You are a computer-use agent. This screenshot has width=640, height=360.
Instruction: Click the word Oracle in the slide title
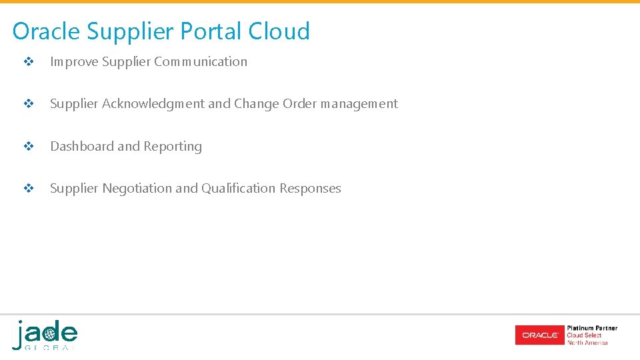point(46,31)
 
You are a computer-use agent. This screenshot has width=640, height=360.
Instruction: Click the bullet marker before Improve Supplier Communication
point(29,62)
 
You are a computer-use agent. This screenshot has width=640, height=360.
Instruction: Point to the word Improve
point(74,61)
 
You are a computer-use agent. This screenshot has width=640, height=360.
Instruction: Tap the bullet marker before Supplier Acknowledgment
point(29,104)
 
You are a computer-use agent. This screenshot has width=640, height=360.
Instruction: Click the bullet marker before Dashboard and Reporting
point(29,147)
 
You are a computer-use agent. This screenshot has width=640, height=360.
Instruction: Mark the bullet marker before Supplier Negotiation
point(29,189)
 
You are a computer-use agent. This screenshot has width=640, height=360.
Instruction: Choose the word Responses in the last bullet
point(310,188)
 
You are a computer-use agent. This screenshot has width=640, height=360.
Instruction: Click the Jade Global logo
point(45,335)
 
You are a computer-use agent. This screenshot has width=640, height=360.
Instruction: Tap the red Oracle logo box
point(539,335)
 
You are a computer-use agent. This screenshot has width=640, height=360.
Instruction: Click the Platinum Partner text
point(591,328)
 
